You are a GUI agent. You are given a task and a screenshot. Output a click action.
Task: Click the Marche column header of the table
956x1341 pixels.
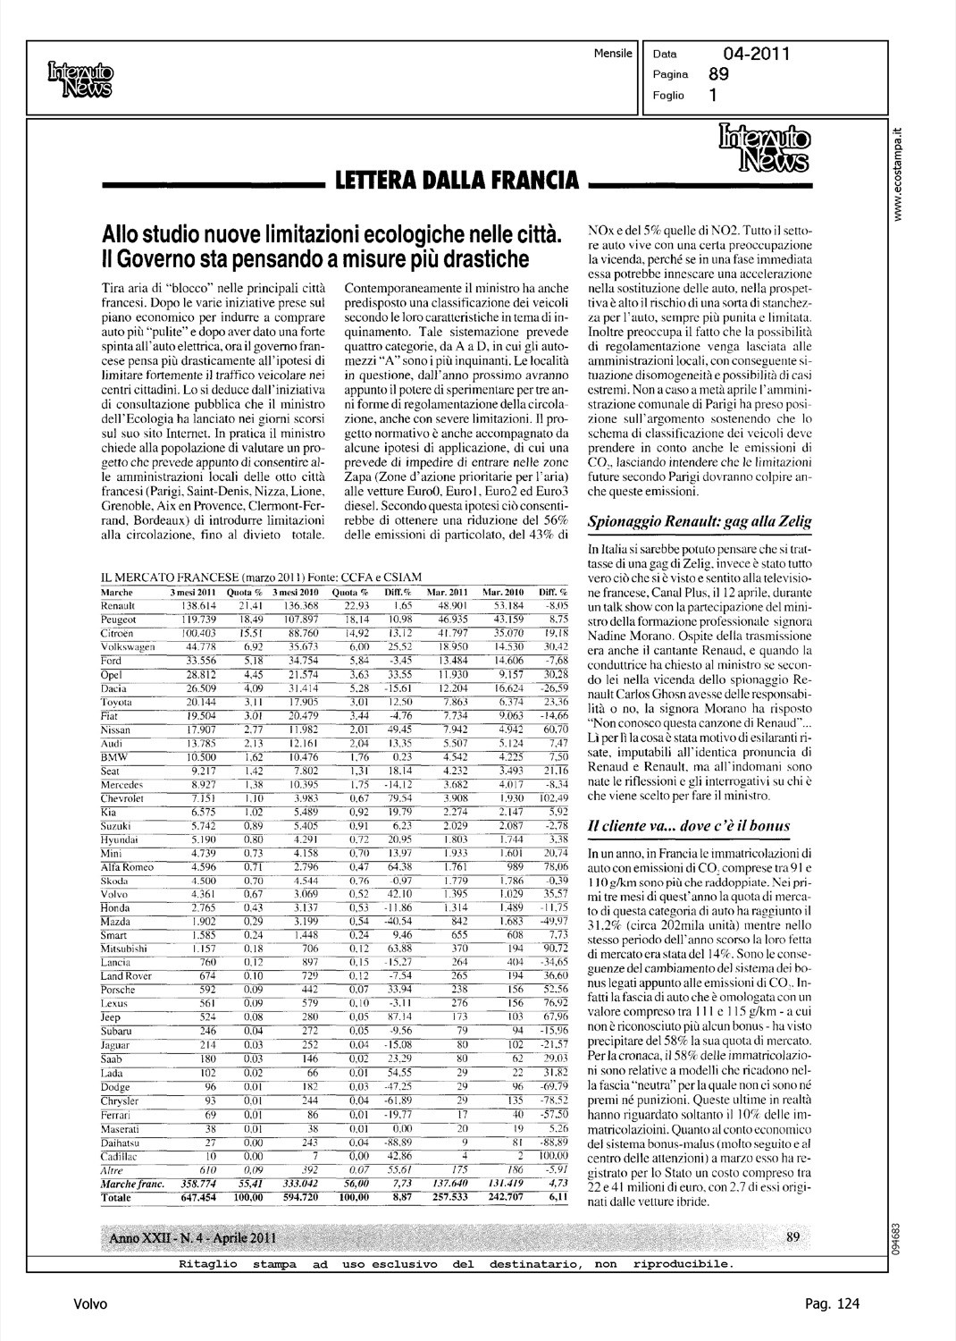118,593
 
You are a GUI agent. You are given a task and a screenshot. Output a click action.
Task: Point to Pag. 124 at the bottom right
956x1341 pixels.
832,1304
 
